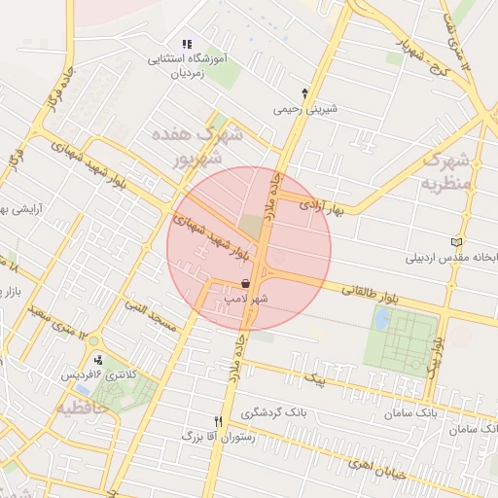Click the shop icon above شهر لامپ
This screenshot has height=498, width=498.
[x=244, y=283]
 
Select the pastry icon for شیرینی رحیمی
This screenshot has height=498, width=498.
[x=305, y=93]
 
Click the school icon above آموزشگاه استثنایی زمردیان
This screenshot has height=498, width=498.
[x=186, y=45]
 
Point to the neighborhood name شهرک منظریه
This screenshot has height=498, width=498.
[x=448, y=170]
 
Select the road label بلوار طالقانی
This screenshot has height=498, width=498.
[x=369, y=289]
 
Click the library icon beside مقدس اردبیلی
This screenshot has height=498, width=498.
[x=457, y=242]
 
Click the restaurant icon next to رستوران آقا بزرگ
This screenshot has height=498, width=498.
[x=218, y=421]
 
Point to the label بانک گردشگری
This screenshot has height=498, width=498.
[x=274, y=412]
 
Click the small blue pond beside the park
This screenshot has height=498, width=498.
[x=381, y=318]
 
